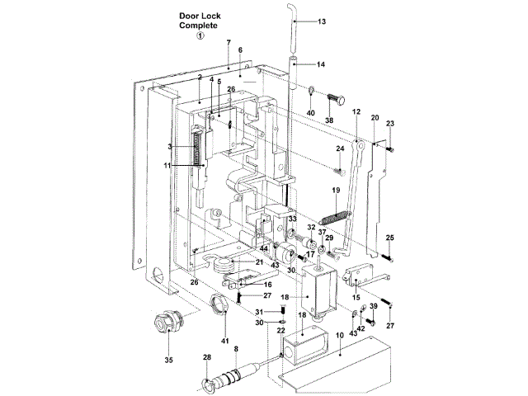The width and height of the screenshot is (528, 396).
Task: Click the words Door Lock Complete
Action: (202, 21)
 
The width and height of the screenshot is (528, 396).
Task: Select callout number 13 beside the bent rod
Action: (322, 21)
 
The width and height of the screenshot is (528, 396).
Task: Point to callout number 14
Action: (322, 64)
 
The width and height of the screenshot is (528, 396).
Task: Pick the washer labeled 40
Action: (313, 91)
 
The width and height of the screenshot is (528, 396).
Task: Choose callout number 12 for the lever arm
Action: (356, 111)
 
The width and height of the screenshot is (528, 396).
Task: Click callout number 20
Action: (375, 118)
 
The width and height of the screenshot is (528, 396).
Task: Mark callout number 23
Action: (390, 124)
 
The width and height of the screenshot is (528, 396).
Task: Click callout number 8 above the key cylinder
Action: (236, 349)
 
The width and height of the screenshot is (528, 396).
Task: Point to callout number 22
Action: (280, 329)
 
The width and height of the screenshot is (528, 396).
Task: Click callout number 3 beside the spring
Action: (169, 147)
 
